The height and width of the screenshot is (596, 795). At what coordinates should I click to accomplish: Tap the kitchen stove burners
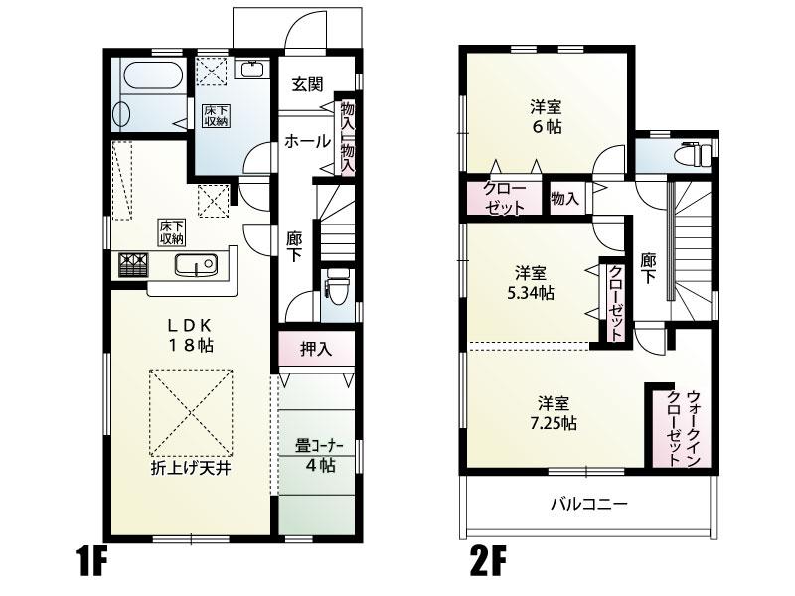[134, 265]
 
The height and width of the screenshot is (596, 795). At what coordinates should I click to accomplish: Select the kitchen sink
[196, 265]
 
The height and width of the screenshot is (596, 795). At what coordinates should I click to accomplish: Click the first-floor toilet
[338, 287]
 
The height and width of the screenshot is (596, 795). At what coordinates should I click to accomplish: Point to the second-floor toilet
[694, 154]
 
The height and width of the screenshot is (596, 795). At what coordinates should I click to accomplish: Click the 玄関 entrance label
[308, 84]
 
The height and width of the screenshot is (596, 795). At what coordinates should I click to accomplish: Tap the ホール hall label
[307, 141]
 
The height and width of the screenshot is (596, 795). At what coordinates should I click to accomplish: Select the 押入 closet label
[316, 350]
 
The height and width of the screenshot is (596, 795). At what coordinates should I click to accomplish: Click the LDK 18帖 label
[191, 335]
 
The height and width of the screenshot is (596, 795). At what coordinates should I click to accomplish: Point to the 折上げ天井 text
[191, 468]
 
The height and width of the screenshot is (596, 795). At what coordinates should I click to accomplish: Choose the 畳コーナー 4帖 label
[320, 456]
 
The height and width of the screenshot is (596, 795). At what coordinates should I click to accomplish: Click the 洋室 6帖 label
[546, 117]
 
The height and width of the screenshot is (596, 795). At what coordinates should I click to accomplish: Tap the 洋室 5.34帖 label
[531, 283]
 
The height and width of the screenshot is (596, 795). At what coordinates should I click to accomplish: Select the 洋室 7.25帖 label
[554, 413]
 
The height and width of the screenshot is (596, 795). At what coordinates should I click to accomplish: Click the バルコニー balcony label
[589, 505]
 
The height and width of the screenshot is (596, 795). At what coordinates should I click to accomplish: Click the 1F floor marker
[92, 560]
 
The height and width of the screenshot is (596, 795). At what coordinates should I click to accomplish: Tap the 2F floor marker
[489, 560]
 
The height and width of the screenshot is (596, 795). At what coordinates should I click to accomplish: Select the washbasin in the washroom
[250, 69]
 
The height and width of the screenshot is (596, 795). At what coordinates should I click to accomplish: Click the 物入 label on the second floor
[564, 198]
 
